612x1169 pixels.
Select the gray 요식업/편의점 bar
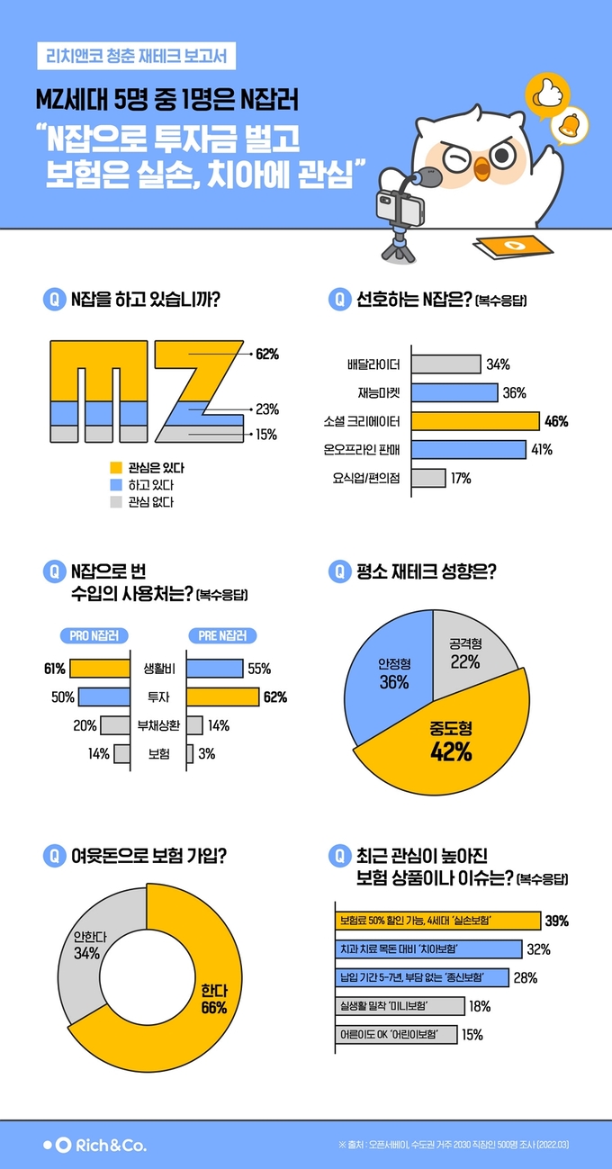[428, 478]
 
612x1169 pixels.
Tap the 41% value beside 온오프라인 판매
[542, 449]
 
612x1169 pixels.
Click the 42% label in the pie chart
[452, 752]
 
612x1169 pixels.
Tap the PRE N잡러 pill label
[221, 636]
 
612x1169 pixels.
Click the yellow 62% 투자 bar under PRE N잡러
[222, 697]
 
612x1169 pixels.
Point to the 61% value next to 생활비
[54, 669]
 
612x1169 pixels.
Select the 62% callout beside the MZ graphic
[266, 355]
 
